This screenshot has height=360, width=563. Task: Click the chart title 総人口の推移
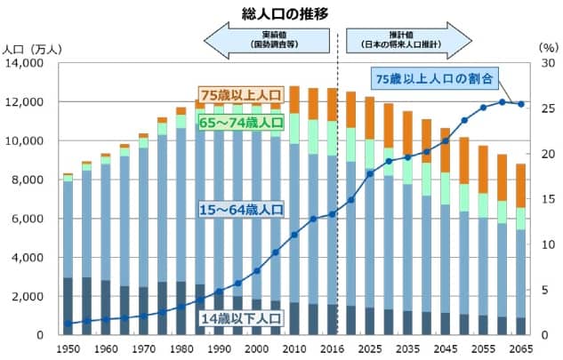click(x=281, y=13)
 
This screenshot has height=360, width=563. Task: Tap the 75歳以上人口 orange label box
click(x=240, y=95)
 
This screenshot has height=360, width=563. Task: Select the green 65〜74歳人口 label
click(x=240, y=123)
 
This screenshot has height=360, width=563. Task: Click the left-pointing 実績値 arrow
click(x=267, y=40)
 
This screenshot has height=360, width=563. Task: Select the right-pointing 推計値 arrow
click(x=408, y=40)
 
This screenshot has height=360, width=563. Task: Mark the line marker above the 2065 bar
click(x=521, y=104)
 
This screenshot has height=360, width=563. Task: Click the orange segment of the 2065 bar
click(x=521, y=186)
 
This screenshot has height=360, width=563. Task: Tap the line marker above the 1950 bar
click(x=68, y=324)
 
